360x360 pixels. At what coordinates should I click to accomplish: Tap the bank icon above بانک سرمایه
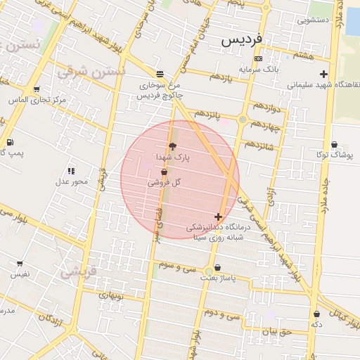point(259,59)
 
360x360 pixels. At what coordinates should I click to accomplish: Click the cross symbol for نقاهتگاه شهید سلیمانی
point(323,74)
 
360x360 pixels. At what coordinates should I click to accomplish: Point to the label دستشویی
point(314,20)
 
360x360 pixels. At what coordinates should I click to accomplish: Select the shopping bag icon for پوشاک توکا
point(333,144)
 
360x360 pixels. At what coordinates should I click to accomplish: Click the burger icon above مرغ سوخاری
point(160,74)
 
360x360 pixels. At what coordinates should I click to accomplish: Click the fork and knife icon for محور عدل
point(71,171)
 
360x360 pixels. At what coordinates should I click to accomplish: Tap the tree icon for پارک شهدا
point(172,145)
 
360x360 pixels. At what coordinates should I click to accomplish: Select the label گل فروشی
point(165,182)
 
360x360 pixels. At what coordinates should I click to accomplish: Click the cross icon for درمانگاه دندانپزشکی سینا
point(218,217)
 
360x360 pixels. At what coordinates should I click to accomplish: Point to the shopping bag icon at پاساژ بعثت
point(217,268)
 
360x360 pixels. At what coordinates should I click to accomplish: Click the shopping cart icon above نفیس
point(20,264)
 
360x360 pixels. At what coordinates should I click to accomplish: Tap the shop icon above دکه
point(316,314)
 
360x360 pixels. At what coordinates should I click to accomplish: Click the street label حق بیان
point(275,331)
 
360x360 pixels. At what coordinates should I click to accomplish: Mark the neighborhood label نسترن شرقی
point(91,71)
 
